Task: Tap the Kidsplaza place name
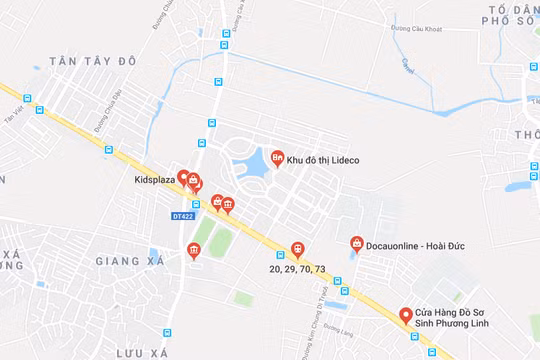tap(154, 180)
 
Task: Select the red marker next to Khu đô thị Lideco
tap(276, 158)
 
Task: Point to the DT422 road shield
tap(181, 215)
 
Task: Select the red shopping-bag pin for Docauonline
tap(356, 243)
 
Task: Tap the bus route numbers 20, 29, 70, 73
tap(297, 270)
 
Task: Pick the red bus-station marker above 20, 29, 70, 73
tap(297, 249)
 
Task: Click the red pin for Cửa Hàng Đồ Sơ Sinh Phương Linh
tap(406, 315)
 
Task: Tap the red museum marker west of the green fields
tap(193, 250)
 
